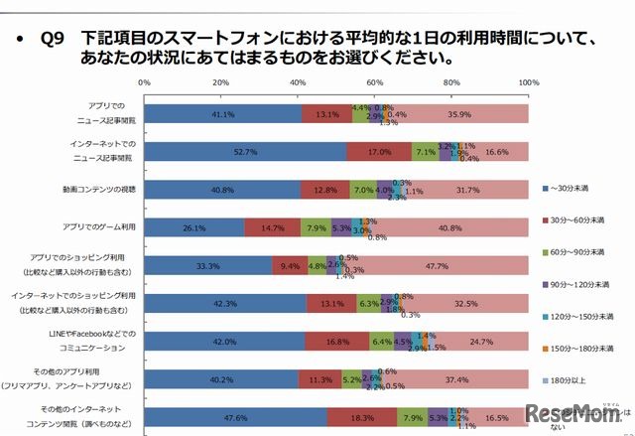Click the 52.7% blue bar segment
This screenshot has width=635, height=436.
coord(245,152)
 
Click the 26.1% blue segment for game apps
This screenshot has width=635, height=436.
coord(194,227)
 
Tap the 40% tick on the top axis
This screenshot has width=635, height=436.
coord(299,82)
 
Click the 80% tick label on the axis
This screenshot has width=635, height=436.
coord(451,82)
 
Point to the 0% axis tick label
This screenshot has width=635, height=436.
coord(145,82)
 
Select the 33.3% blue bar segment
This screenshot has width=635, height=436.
coord(208,265)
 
